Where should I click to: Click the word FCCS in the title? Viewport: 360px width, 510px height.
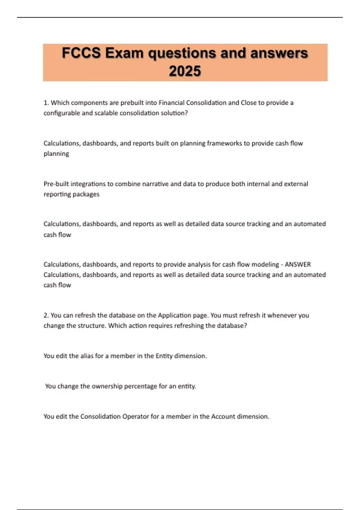point(81,53)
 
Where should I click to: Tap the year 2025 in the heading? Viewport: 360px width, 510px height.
point(185,71)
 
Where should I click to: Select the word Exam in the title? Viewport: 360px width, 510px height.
point(124,53)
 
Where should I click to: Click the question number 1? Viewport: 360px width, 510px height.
point(46,103)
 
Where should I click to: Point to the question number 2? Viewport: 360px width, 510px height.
point(46,315)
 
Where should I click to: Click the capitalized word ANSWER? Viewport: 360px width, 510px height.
point(298,265)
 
